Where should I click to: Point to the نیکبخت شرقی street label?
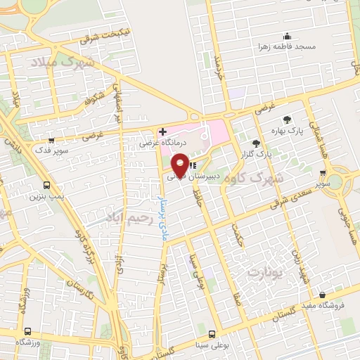[x=105, y=37]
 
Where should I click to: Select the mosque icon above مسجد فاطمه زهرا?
[x=287, y=37]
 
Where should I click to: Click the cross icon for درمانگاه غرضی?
[x=162, y=131]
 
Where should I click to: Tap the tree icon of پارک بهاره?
[x=285, y=120]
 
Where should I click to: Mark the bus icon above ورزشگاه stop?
[x=27, y=331]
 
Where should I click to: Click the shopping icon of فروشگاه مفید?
[x=321, y=295]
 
